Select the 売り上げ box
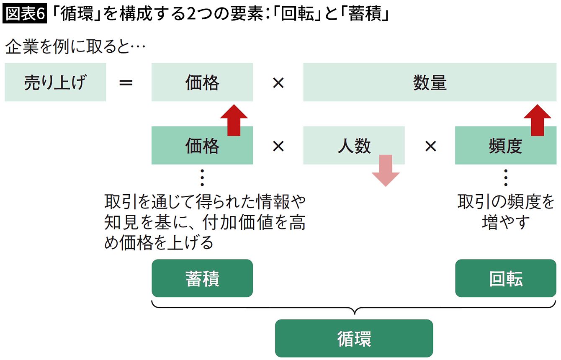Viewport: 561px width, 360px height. point(55,82)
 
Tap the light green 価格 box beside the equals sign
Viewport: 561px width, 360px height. point(202,82)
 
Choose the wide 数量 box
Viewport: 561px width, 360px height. point(430,82)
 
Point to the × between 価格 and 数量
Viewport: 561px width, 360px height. point(278,82)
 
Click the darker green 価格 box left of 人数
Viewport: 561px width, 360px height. point(202,146)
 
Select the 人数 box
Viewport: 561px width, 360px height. point(354,146)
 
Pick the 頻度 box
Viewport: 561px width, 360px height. point(505,146)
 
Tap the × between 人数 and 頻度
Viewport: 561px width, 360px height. point(430,146)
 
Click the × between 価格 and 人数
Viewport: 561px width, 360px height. point(278,146)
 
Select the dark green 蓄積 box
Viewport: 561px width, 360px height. point(202,278)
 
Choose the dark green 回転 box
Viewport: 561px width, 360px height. point(505,278)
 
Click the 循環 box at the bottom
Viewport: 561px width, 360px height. point(354,338)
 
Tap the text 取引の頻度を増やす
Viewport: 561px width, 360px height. point(505,212)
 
